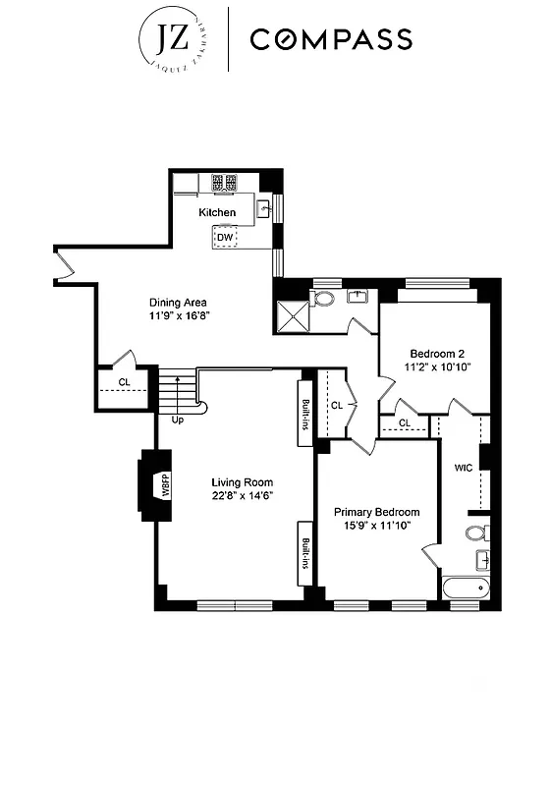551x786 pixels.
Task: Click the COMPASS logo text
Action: pos(330,39)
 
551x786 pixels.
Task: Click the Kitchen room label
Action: pos(217,212)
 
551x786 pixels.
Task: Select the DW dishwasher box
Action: pos(226,237)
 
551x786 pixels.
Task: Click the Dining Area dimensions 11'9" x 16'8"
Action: pos(181,316)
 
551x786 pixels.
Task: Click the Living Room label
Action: pos(242,482)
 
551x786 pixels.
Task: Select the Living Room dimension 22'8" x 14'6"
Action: pos(242,496)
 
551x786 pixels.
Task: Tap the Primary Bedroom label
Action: pos(376,512)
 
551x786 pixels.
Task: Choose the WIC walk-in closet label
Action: pos(463,468)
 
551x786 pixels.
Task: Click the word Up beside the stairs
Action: pos(178,420)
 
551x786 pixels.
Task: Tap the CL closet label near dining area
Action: pos(125,382)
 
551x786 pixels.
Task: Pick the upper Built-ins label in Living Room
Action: pos(305,413)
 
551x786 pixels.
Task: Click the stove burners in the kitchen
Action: pos(224,182)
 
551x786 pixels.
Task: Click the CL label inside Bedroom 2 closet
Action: pos(404,423)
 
